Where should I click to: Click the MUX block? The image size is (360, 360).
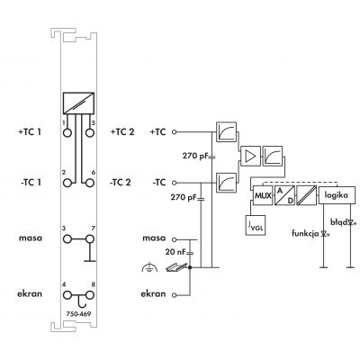coord(263,195)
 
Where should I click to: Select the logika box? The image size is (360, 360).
coord(337,195)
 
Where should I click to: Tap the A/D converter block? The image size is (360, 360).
coord(284,195)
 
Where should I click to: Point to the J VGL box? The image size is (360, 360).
coord(256,225)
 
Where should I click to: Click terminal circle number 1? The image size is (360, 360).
coord(67,132)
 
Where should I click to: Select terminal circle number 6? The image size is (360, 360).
coord(90,183)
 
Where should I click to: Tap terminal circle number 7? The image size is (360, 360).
coord(90,239)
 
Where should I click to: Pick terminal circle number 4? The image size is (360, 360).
coord(67,295)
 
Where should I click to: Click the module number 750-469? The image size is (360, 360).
coord(78,314)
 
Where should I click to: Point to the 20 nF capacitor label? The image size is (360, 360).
coord(175,252)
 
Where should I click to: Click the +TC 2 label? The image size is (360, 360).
coord(122,131)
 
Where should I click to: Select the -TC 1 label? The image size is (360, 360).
coord(31,183)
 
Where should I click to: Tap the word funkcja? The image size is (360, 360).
coord(305,233)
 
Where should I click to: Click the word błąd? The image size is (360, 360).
coord(338,222)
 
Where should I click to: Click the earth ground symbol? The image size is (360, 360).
coord(149,267)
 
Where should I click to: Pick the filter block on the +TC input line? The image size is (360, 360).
coord(226,131)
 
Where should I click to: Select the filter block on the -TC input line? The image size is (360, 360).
coord(226,183)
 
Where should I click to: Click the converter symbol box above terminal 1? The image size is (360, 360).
coord(78,103)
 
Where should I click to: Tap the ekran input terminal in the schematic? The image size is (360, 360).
coord(174,295)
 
